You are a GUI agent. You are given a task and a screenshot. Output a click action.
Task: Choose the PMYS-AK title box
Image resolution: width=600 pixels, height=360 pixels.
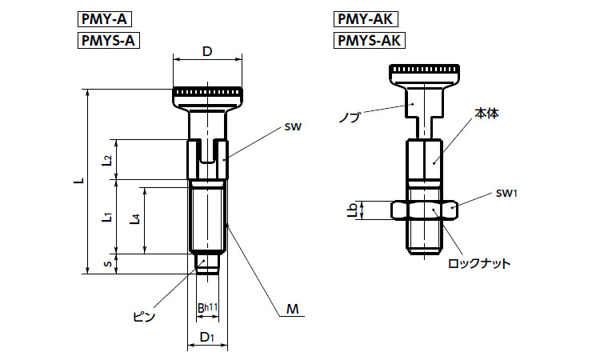click(368, 40)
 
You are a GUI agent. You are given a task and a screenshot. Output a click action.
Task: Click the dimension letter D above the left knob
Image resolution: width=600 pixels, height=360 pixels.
click(207, 52)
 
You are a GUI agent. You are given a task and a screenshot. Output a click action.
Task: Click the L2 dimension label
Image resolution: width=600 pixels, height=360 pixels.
click(107, 160)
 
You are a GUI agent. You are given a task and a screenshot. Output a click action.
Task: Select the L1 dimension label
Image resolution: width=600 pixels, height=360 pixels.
click(107, 216)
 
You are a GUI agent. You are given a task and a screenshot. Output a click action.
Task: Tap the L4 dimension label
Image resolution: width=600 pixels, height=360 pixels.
click(136, 219)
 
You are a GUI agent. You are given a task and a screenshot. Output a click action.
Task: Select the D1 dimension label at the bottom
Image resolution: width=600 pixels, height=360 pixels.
click(206, 336)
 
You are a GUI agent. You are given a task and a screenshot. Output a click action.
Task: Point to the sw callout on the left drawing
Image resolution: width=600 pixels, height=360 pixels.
click(290, 126)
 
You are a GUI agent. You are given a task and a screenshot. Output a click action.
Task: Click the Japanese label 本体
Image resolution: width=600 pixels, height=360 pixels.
click(486, 114)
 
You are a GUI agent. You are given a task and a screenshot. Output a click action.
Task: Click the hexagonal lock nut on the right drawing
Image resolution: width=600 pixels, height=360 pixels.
click(425, 210)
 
